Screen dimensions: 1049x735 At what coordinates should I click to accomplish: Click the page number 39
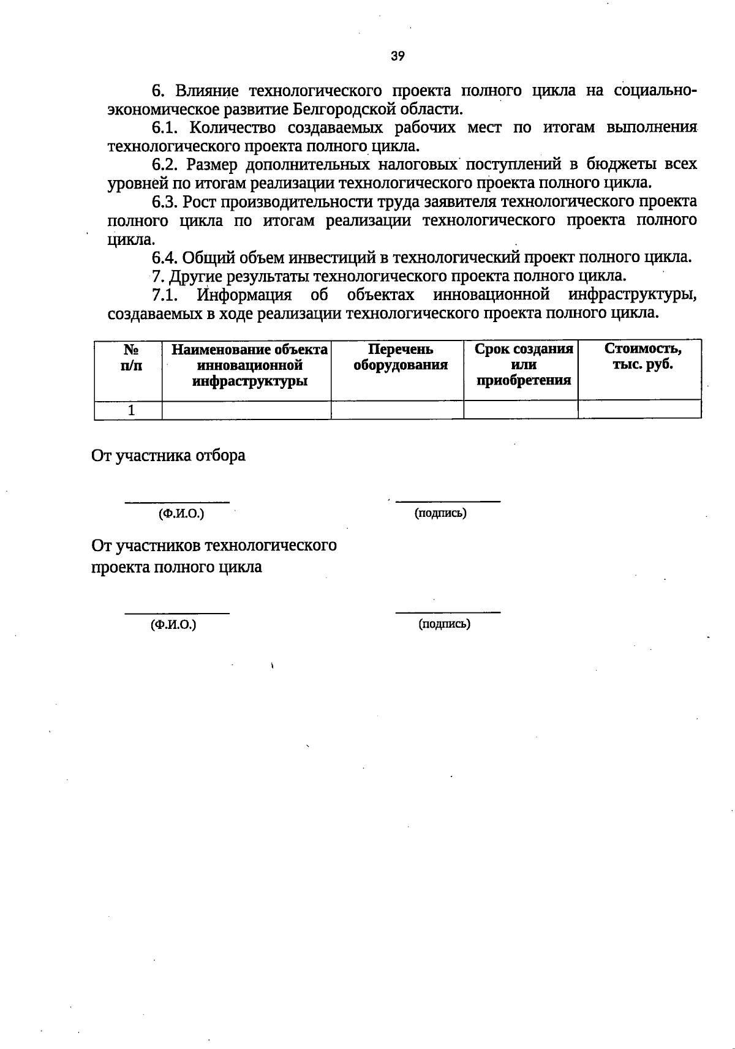(398, 56)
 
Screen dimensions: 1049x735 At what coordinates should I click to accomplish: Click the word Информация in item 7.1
(244, 295)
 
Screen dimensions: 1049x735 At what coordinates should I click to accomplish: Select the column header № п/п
(130, 358)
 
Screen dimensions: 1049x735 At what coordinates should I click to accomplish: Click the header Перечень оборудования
(400, 358)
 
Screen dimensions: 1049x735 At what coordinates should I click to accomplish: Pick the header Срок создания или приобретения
(523, 365)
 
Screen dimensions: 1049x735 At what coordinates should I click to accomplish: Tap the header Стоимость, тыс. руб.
(643, 358)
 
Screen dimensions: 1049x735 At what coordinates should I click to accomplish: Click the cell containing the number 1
(130, 410)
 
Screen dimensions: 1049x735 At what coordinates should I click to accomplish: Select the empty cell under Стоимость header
(639, 410)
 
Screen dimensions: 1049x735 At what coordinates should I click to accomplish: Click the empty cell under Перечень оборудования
(397, 410)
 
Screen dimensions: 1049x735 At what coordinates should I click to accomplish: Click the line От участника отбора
(168, 456)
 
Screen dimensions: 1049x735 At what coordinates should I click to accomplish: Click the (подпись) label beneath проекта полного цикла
(444, 624)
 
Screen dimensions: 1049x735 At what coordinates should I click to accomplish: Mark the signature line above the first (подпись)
(448, 502)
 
